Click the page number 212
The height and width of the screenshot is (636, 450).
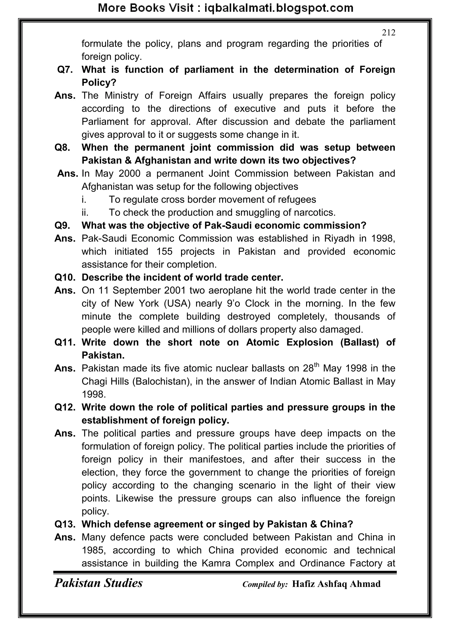388,33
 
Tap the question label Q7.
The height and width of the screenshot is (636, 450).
65,69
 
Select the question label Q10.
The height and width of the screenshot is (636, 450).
65,277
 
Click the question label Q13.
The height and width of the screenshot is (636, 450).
65,524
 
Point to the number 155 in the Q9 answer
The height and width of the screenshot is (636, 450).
165,252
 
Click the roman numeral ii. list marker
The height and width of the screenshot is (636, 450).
85,212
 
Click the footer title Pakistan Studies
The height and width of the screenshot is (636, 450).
98,583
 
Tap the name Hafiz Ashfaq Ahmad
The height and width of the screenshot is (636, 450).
336,584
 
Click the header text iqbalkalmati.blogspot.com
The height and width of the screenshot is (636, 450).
279,8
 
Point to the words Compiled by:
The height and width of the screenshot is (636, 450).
265,584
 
